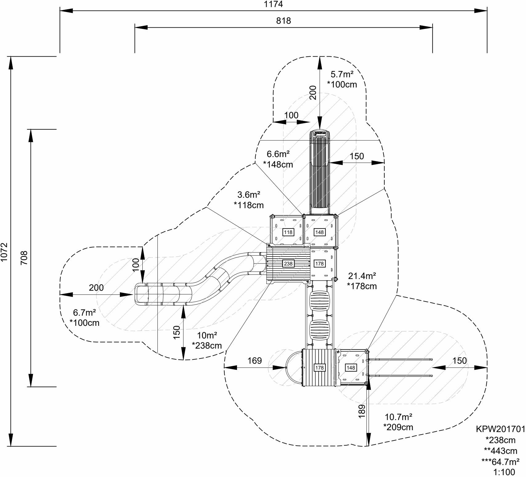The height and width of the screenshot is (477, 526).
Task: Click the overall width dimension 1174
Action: pyautogui.click(x=273, y=4)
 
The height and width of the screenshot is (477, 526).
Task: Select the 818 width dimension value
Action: pyautogui.click(x=283, y=21)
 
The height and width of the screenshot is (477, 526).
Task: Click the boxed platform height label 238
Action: pyautogui.click(x=288, y=264)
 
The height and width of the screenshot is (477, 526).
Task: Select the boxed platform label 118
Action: pyautogui.click(x=288, y=232)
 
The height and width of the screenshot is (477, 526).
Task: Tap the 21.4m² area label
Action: pyautogui.click(x=362, y=275)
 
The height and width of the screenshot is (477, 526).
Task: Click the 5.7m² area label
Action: pyautogui.click(x=342, y=74)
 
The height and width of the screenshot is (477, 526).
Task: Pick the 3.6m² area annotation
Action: pyautogui.click(x=249, y=195)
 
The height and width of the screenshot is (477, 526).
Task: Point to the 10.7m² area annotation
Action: pyautogui.click(x=398, y=417)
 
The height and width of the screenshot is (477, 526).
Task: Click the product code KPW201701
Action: pyautogui.click(x=500, y=429)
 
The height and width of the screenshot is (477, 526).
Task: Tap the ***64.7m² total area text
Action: pyautogui.click(x=500, y=462)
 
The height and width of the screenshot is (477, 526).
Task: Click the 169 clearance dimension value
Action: pyautogui.click(x=255, y=360)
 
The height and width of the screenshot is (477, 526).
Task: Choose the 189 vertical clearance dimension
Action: pyautogui.click(x=362, y=411)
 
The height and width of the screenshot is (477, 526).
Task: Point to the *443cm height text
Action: pyautogui.click(x=500, y=451)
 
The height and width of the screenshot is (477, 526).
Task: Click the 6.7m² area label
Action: pyautogui.click(x=84, y=313)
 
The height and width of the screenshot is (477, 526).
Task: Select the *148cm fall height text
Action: pyautogui.click(x=278, y=164)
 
